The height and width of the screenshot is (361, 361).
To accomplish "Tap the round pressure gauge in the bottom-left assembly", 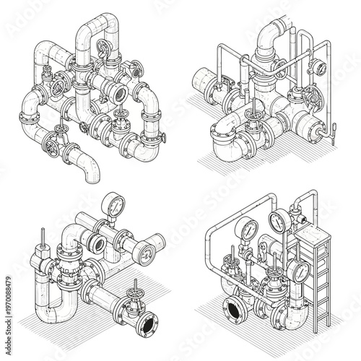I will [x=113, y=205].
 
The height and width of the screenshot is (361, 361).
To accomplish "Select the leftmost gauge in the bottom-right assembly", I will [x=248, y=230].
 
